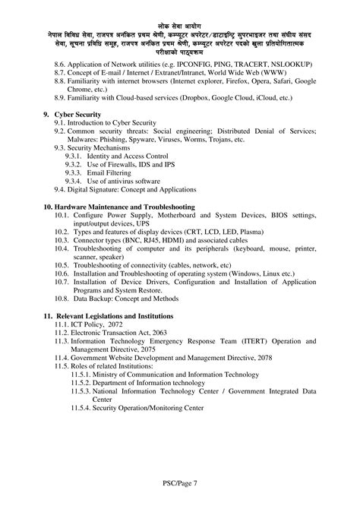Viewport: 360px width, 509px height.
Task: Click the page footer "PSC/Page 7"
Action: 180,482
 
